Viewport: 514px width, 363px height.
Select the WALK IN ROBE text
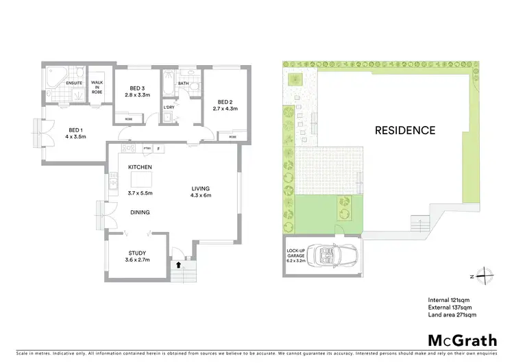click(x=97, y=84)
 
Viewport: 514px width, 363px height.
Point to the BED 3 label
click(x=138, y=88)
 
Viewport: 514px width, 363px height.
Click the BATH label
click(x=183, y=84)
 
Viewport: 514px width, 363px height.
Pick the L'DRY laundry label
click(x=169, y=106)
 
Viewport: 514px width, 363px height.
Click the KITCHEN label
click(x=140, y=167)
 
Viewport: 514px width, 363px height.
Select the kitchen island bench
click(x=140, y=179)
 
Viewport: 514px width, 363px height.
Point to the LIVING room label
click(x=200, y=188)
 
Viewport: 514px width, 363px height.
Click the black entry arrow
click(x=179, y=264)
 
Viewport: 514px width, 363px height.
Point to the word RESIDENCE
click(x=405, y=129)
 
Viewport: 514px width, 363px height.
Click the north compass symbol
click(x=485, y=277)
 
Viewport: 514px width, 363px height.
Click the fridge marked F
click(x=159, y=149)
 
